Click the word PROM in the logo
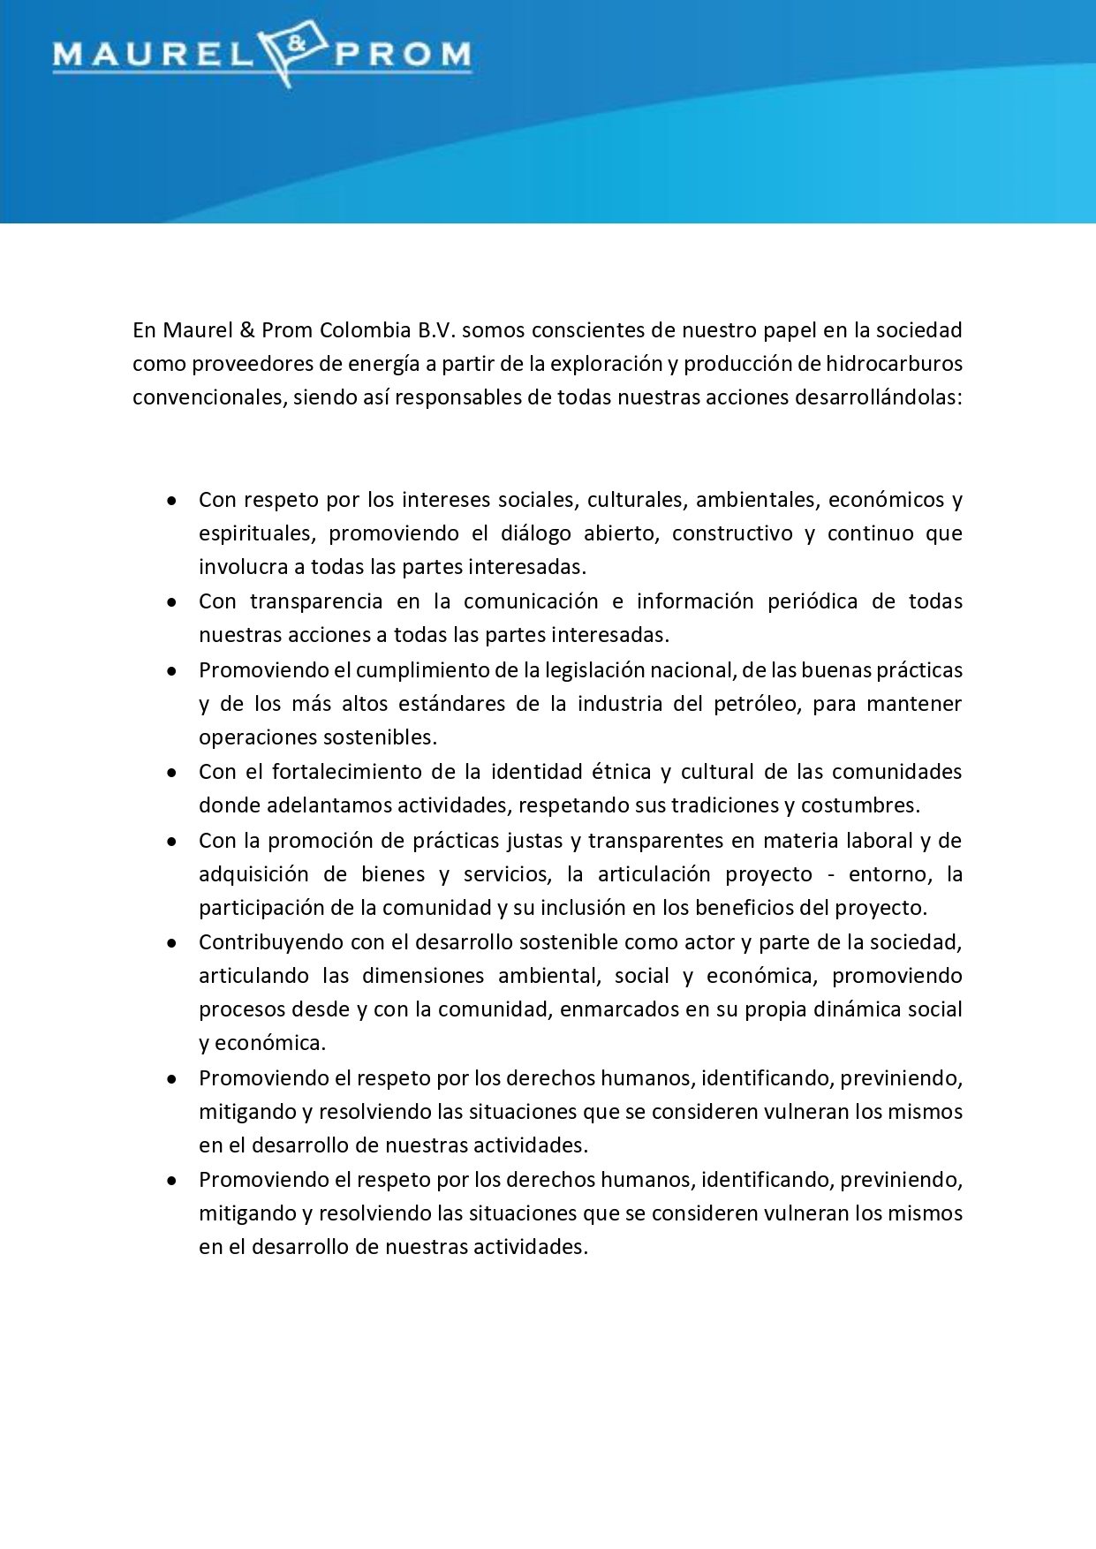[x=402, y=56]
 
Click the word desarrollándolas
[x=878, y=397]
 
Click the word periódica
[x=813, y=601]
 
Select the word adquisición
[x=251, y=874]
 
